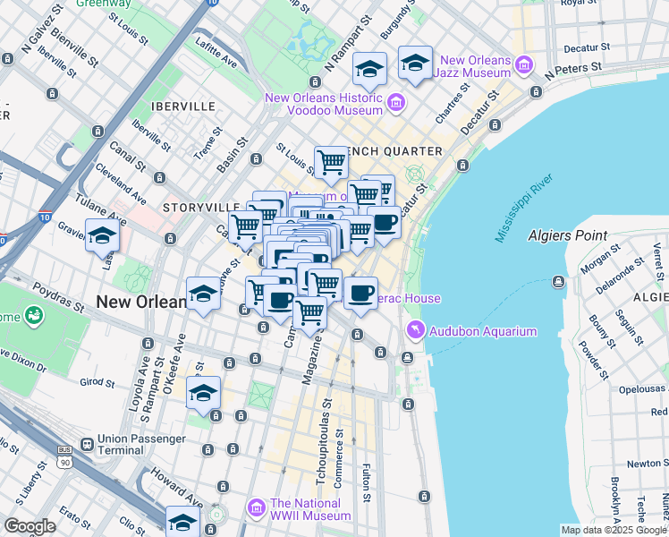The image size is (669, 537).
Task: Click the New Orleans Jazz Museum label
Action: pos(471,70)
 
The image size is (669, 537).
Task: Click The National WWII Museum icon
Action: pos(257,509)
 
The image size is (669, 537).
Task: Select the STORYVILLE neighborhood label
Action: pos(194,207)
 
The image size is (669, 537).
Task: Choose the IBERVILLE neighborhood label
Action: pos(183,106)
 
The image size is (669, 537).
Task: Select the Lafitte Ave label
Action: pos(216,58)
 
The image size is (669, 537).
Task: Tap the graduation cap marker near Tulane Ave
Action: pos(102,235)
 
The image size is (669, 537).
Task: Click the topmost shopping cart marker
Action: pos(331,162)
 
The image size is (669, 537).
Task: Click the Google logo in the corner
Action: pos(30,526)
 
